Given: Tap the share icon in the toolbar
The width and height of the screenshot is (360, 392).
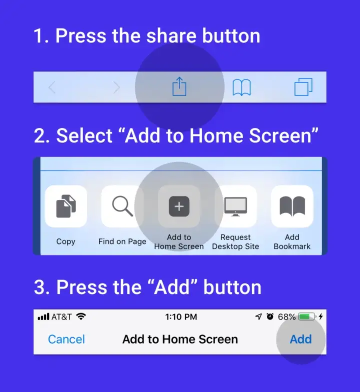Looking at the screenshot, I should coord(179,87).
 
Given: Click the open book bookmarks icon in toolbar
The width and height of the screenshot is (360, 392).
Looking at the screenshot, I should coord(241,87).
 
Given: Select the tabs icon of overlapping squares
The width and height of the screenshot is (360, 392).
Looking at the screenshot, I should coord(303,87).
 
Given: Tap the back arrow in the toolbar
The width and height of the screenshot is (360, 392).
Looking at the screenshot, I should coord(51,87).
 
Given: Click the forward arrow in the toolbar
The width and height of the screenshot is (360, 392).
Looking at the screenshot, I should coord(117,87).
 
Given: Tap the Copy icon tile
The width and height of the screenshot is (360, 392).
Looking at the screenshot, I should coord(66,206).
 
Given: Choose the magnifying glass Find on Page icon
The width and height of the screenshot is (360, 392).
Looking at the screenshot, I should coord(122,206).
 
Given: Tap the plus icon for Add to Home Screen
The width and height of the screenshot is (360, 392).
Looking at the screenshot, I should coord(179,206).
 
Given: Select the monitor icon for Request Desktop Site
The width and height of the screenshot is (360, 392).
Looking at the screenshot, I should coord(235,206).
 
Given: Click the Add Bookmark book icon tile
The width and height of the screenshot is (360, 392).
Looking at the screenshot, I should coord(292,206).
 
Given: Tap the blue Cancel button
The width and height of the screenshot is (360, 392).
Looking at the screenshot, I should coord(66,339).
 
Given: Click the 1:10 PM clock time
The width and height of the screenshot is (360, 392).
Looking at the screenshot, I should coord(180,317).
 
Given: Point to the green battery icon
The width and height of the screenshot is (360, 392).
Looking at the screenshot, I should coord(306,317).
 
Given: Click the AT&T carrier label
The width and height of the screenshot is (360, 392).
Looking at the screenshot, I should coord(62,317).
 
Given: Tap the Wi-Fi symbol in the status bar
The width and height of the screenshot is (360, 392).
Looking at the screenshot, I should coord(81,317).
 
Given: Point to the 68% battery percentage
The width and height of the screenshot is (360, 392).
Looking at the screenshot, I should coord(286,317).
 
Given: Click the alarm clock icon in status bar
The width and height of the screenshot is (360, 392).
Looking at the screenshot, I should coord(270,317).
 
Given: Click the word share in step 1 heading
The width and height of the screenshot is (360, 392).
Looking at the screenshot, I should coord(156,36).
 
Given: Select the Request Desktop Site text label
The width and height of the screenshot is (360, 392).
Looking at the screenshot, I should coord(235,242).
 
